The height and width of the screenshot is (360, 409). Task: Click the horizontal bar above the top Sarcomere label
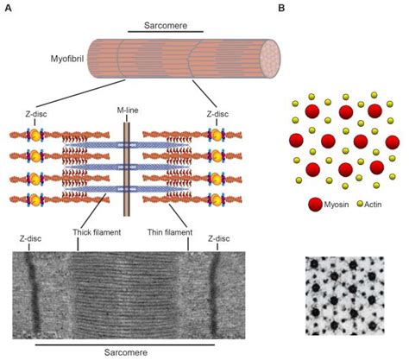coord(154,28)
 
